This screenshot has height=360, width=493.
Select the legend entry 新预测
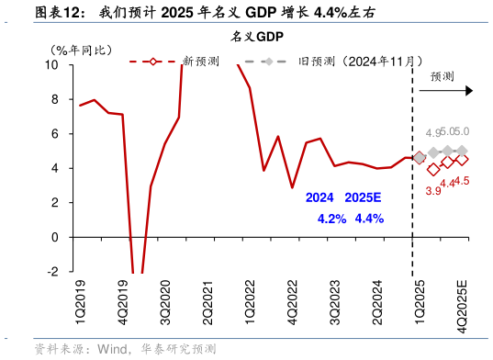200,62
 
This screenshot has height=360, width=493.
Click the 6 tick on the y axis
56,134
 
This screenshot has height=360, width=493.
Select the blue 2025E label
364,197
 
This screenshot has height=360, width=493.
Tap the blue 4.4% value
368,219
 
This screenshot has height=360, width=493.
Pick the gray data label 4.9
432,134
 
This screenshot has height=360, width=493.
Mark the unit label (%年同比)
79,50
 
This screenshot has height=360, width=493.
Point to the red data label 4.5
463,181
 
